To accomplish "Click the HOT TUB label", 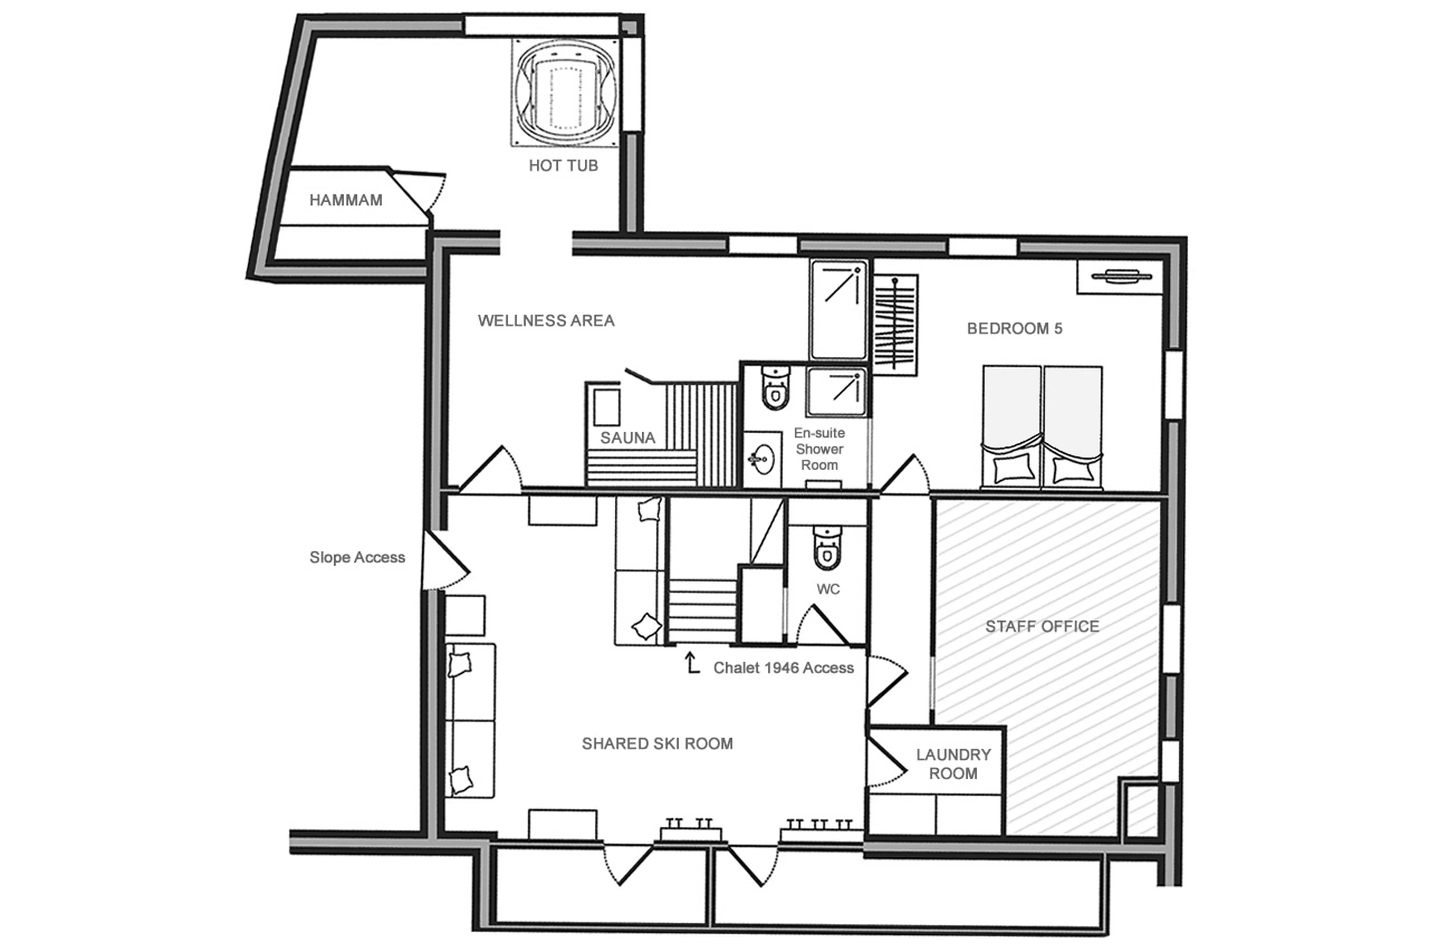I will click(563, 165).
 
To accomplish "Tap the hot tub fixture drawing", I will click(565, 92).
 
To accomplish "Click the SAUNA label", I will click(627, 438).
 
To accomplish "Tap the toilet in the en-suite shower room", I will click(775, 388).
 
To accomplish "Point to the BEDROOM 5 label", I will click(1014, 328).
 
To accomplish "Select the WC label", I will click(828, 589).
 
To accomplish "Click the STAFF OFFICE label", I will click(1042, 626).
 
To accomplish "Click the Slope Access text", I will click(357, 557).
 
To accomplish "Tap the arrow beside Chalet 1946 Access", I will click(691, 663).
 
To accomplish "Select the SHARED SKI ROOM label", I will click(657, 743).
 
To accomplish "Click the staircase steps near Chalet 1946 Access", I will click(701, 610).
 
